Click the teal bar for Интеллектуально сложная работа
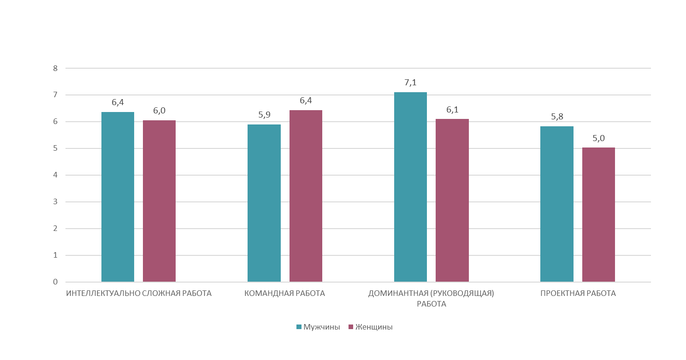tap(118, 197)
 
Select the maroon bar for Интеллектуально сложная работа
tap(159, 201)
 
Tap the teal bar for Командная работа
tap(264, 203)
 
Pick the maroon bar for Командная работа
tap(306, 196)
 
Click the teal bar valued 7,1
tap(410, 187)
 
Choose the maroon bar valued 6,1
tap(452, 200)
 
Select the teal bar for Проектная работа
tap(557, 204)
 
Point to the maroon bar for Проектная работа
tap(598, 214)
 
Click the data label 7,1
tap(410, 83)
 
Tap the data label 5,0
tap(598, 138)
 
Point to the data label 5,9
tap(264, 115)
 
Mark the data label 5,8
tap(557, 117)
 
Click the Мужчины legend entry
tap(318, 327)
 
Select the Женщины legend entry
tap(371, 327)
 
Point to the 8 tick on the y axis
tap(55, 68)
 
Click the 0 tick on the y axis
tap(55, 282)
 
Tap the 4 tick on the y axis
tap(55, 175)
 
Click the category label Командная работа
tap(284, 294)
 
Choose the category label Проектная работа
tap(578, 294)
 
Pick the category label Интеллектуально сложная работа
tap(139, 294)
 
